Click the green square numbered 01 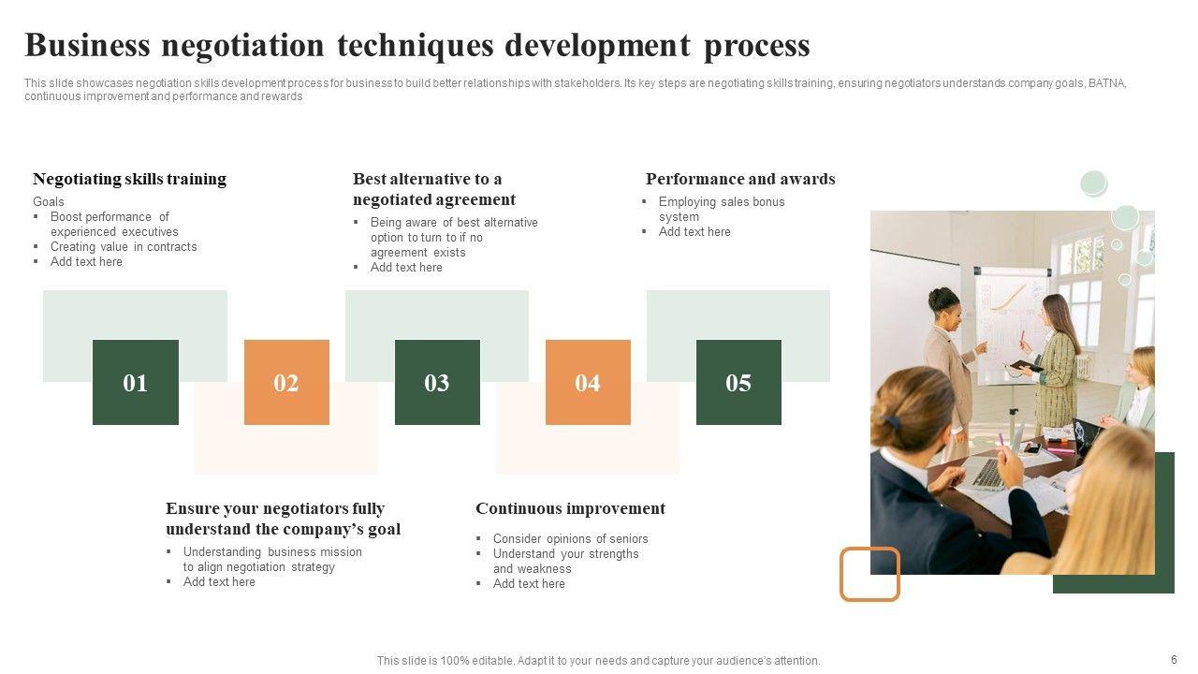click(x=136, y=382)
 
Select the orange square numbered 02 click(x=286, y=382)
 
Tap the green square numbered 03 click(x=437, y=382)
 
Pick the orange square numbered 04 click(x=588, y=382)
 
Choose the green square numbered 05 click(x=738, y=382)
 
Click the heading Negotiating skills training click(x=129, y=179)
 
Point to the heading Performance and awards click(x=740, y=179)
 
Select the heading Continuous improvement click(x=570, y=508)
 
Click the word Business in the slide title click(x=87, y=45)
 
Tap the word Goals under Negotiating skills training click(x=48, y=201)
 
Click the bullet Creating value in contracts click(x=124, y=246)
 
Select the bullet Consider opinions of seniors click(x=570, y=538)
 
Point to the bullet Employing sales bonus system click(x=722, y=209)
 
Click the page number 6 click(x=1174, y=660)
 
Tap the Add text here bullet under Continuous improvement click(x=529, y=583)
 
